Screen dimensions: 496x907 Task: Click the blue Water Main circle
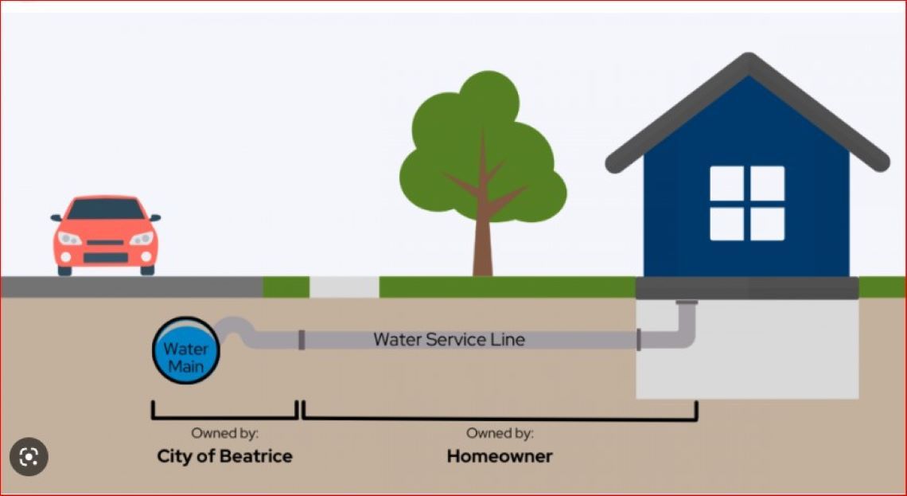(x=185, y=350)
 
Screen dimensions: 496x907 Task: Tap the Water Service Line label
(x=449, y=340)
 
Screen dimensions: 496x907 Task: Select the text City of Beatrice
(x=224, y=456)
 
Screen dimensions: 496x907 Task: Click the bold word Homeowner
(x=499, y=456)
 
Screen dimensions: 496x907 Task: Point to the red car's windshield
(x=105, y=209)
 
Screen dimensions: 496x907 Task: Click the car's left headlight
(x=70, y=239)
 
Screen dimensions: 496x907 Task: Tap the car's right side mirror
(x=154, y=217)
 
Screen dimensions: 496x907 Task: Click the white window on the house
(x=746, y=203)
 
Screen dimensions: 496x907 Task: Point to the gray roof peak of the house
(x=747, y=63)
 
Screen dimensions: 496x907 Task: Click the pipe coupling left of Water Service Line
(x=301, y=340)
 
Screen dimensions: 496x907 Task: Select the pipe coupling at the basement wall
(x=638, y=340)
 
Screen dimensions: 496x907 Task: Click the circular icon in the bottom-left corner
(x=29, y=457)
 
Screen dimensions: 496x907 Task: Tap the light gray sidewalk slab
(x=344, y=287)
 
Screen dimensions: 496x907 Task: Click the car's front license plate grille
(x=106, y=256)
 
